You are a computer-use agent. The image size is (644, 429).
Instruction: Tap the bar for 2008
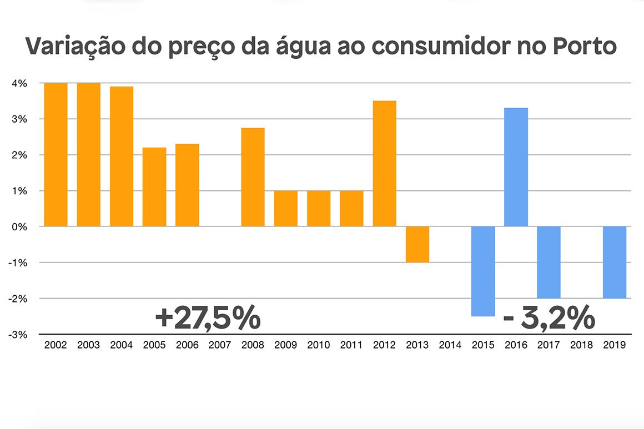click(x=253, y=177)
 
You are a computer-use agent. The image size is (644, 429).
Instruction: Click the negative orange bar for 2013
click(x=417, y=244)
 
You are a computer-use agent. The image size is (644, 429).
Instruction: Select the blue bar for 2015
click(x=483, y=271)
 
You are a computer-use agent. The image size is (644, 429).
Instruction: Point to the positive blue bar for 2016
click(x=516, y=167)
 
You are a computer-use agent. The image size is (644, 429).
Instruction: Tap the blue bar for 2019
click(x=615, y=262)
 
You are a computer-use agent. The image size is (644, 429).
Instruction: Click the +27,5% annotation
click(x=208, y=319)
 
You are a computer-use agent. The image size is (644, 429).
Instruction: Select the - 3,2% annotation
click(x=549, y=319)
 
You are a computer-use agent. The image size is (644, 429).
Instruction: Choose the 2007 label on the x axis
click(x=220, y=345)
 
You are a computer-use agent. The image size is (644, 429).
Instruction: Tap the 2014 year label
click(x=450, y=345)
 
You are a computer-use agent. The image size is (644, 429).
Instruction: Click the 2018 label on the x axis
click(x=581, y=345)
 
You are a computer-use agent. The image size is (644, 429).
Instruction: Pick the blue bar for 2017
click(x=549, y=262)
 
